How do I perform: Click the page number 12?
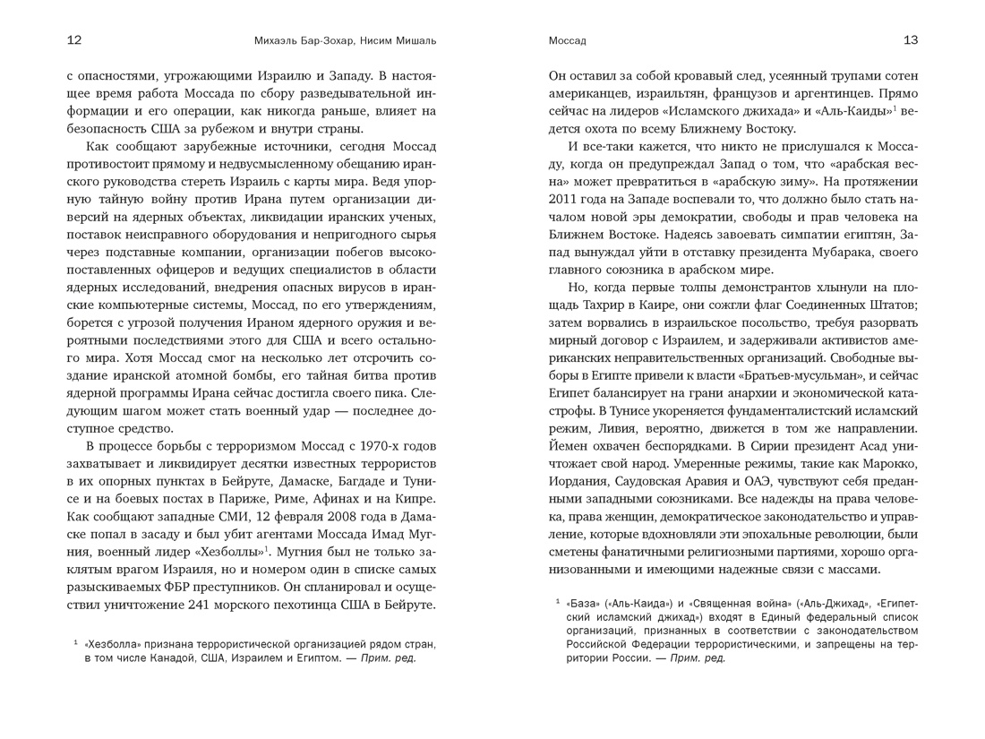[x=74, y=40]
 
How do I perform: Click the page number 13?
[x=911, y=40]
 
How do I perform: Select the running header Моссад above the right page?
[x=567, y=41]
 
